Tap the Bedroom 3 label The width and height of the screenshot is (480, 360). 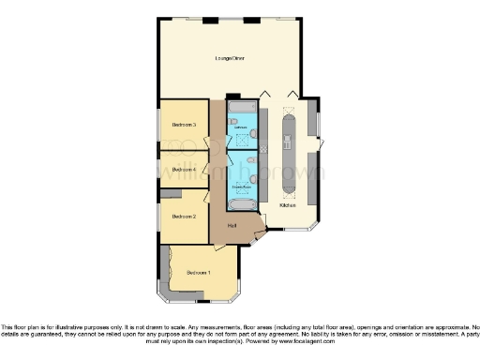click(184, 125)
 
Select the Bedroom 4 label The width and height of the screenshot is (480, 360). click(184, 170)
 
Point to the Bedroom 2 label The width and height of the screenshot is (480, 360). click(184, 216)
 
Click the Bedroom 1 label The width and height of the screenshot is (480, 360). click(198, 273)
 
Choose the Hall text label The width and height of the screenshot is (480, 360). click(232, 226)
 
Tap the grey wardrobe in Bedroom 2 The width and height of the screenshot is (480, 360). click(169, 193)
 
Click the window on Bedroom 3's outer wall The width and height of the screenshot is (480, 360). click(158, 125)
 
